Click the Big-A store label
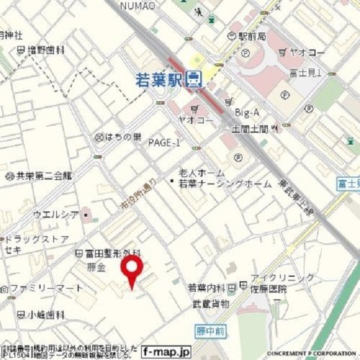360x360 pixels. pyautogui.click(x=247, y=112)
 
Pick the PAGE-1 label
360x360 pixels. pyautogui.click(x=164, y=142)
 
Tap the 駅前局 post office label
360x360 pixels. pyautogui.click(x=252, y=36)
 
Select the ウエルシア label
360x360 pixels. pyautogui.click(x=55, y=214)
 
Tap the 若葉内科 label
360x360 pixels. pyautogui.click(x=207, y=287)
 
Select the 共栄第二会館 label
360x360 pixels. pyautogui.click(x=42, y=175)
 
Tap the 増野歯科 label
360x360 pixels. pyautogui.click(x=46, y=50)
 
